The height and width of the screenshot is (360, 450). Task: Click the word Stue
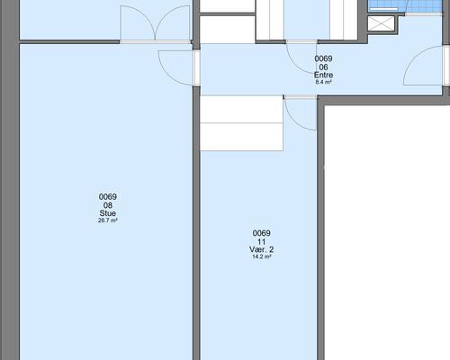click(108, 213)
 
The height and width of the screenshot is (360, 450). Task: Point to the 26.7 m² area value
click(108, 220)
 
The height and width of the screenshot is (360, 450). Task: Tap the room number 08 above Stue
click(108, 205)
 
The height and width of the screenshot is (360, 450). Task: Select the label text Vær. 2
click(262, 249)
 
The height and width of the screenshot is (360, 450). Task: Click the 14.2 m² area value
click(262, 256)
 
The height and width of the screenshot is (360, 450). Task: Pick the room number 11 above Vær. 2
click(261, 241)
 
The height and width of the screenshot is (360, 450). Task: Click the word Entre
click(323, 75)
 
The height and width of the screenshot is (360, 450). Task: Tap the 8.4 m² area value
click(323, 82)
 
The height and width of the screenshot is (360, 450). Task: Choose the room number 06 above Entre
click(323, 67)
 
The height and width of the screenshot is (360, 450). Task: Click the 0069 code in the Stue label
click(108, 197)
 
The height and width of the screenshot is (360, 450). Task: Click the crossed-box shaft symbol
click(381, 23)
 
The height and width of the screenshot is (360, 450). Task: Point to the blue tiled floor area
click(405, 5)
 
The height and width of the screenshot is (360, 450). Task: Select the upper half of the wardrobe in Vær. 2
click(241, 109)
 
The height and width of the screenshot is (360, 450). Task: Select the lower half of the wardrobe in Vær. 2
click(241, 137)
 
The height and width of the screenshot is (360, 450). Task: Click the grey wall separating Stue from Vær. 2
click(196, 223)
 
